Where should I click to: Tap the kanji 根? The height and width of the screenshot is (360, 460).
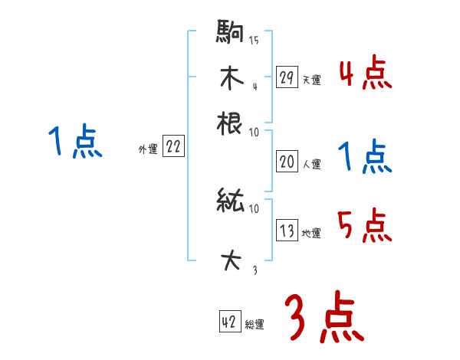click(x=231, y=123)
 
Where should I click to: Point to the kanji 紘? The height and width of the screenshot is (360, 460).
click(x=231, y=202)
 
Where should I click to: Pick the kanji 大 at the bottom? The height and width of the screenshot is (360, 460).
click(x=231, y=261)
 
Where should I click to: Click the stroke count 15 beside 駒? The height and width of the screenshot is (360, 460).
click(x=254, y=41)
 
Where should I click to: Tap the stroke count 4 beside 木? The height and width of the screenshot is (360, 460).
click(x=254, y=86)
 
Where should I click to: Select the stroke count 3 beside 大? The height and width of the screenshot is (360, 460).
click(x=254, y=270)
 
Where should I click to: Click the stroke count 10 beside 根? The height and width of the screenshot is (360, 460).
click(x=254, y=132)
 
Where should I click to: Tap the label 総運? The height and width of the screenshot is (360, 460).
click(x=255, y=324)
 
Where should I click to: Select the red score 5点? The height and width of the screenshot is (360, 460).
click(x=365, y=225)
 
